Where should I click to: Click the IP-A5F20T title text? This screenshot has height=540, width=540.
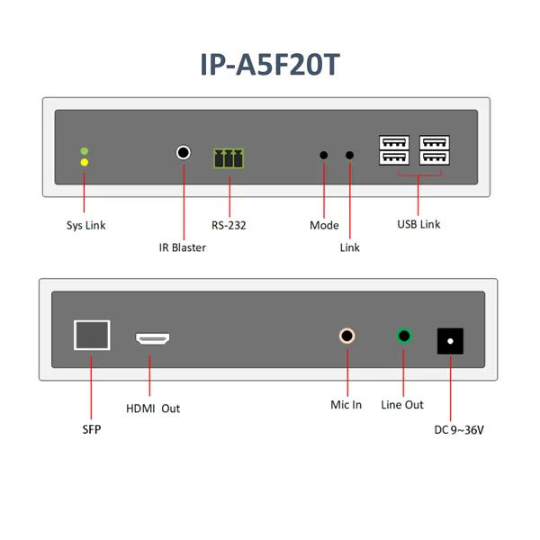[270, 65]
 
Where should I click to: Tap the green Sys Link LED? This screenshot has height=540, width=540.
[85, 151]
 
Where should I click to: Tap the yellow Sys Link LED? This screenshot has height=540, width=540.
[85, 162]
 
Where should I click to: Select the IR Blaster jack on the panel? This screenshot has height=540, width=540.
[184, 152]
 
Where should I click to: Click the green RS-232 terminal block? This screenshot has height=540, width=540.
[229, 158]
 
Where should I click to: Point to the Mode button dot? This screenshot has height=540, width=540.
[324, 156]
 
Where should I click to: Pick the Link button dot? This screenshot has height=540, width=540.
[349, 156]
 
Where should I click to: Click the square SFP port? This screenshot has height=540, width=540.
[92, 335]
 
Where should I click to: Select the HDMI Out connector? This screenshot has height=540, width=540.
[152, 338]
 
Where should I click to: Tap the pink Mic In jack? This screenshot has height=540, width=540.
[346, 336]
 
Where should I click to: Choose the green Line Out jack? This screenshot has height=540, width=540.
[404, 336]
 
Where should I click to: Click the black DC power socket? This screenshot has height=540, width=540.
[450, 341]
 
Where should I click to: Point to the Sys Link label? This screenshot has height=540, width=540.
[85, 225]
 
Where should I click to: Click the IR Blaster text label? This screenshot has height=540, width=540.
[182, 247]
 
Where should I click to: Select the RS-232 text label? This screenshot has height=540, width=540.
[229, 225]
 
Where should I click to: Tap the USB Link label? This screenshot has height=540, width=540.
[418, 224]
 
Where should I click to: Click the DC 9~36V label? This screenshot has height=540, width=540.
[459, 430]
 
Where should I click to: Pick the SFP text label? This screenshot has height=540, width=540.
[92, 429]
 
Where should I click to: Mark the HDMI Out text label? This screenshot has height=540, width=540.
[153, 409]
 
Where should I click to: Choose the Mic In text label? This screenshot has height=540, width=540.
[346, 405]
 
